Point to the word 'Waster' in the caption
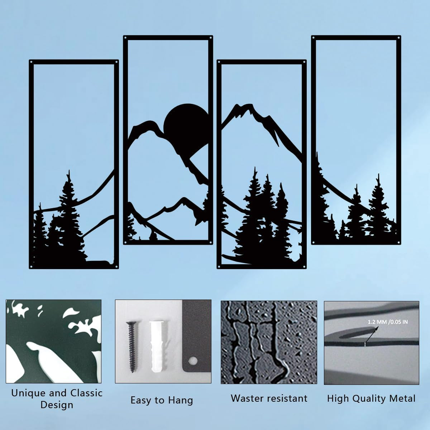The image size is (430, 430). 246,398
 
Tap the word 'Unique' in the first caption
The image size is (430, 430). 28,393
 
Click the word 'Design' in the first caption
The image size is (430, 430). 57,405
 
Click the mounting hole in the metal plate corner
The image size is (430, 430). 194,359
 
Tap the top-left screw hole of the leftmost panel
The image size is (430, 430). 32,62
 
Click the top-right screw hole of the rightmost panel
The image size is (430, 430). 399,37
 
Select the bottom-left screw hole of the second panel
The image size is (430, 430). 125,242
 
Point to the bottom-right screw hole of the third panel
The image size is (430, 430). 304,266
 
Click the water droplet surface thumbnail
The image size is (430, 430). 269,342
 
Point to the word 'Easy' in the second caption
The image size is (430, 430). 141,400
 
